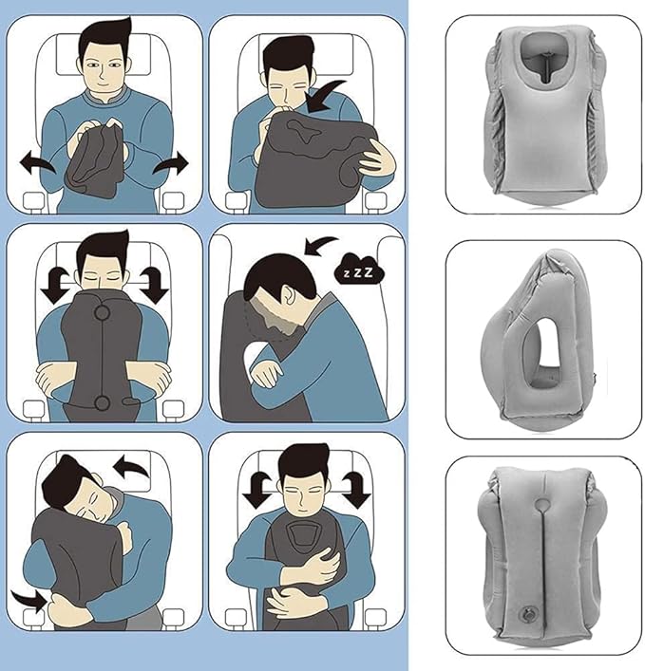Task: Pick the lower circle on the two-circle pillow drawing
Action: click(x=103, y=402)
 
